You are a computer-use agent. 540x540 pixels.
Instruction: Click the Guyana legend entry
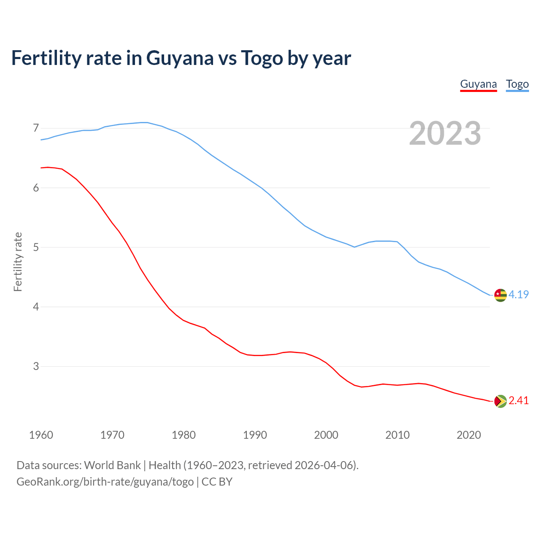[478, 84]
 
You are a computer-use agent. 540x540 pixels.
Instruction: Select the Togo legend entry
[517, 84]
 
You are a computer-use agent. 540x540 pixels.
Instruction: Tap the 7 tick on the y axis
[36, 128]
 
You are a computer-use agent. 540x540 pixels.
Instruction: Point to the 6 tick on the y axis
[36, 188]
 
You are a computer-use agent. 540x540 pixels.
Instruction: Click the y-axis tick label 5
[36, 247]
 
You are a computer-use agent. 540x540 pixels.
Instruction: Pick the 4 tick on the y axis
[36, 307]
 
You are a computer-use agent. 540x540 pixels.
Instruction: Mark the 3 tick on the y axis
[36, 366]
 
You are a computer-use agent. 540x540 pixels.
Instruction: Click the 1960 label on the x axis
[41, 435]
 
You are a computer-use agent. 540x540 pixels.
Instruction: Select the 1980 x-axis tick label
[184, 435]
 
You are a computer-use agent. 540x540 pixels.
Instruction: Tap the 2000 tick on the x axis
[326, 435]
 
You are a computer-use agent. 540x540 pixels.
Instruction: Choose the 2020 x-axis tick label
[469, 435]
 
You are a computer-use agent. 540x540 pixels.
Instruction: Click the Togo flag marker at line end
[500, 295]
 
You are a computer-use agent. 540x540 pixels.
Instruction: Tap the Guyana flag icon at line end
[500, 401]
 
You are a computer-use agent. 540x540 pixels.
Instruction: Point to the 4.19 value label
[518, 294]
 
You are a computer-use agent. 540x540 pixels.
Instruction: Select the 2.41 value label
[518, 400]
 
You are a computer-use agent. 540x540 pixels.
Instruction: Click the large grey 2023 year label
[445, 133]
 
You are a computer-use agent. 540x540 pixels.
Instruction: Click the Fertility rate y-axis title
[18, 262]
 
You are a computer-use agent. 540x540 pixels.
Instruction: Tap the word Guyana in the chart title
[180, 58]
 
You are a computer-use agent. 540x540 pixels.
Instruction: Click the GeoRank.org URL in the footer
[105, 481]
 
